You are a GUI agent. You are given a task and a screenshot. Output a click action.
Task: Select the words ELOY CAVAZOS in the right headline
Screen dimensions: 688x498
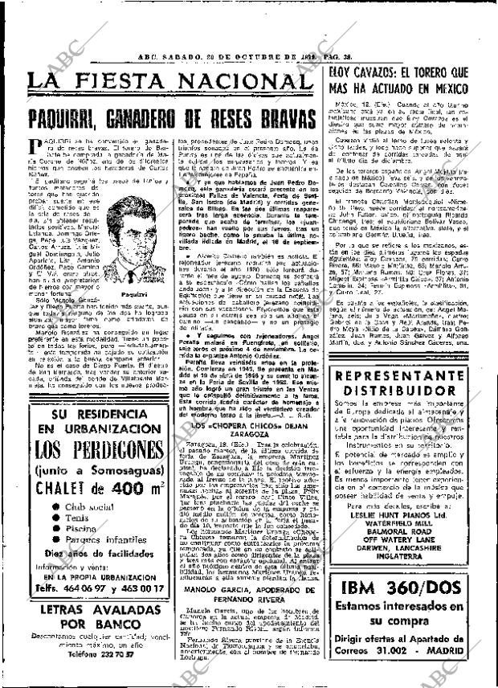pyautogui.click(x=364, y=52)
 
